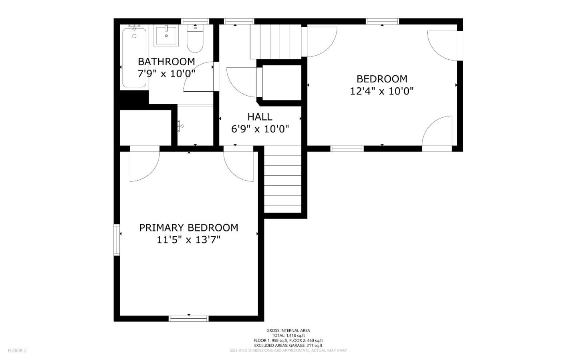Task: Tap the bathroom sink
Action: pyautogui.click(x=166, y=35)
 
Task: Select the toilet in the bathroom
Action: pyautogui.click(x=196, y=40)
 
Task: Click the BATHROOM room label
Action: pyautogui.click(x=166, y=62)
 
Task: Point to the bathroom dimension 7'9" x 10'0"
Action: pyautogui.click(x=166, y=73)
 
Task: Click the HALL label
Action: pyautogui.click(x=260, y=117)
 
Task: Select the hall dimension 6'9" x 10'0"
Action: pyautogui.click(x=260, y=129)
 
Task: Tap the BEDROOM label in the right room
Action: pyautogui.click(x=382, y=79)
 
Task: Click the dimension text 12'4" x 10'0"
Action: pyautogui.click(x=382, y=91)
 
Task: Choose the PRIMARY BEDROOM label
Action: pyautogui.click(x=189, y=228)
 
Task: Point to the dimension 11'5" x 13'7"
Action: pyautogui.click(x=189, y=240)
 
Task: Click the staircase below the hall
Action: pyautogui.click(x=282, y=180)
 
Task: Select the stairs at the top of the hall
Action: pyautogui.click(x=276, y=41)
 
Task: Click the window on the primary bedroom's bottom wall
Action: pyautogui.click(x=189, y=318)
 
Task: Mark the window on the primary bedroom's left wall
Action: pyautogui.click(x=117, y=240)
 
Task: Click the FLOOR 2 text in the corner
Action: pyautogui.click(x=17, y=350)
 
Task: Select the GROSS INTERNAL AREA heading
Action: pyautogui.click(x=288, y=330)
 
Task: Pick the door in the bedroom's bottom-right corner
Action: pyautogui.click(x=438, y=134)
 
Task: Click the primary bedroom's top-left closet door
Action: pyautogui.click(x=144, y=165)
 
